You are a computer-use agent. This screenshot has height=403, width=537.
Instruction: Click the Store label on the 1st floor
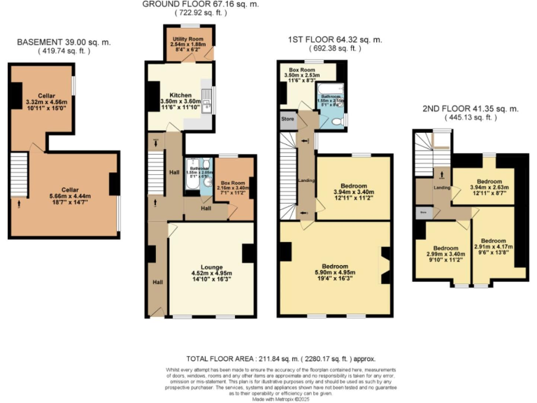pos(286,119)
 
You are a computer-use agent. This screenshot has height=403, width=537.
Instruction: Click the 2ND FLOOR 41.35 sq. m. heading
pos(470,109)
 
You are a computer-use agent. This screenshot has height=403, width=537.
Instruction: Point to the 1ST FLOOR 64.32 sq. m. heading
pos(335,40)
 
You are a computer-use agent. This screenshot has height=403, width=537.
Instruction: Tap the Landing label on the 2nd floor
pos(441,187)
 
